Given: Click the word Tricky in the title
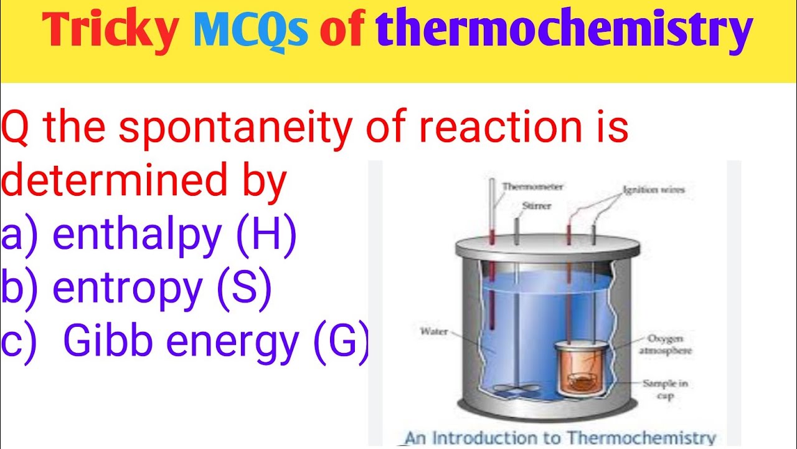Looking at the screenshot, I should [x=109, y=31].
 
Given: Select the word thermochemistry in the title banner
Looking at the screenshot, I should [x=564, y=31].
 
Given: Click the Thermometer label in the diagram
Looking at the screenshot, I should [x=532, y=186].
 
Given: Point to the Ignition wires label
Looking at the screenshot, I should [x=653, y=190].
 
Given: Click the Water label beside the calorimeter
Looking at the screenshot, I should [x=434, y=332].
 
